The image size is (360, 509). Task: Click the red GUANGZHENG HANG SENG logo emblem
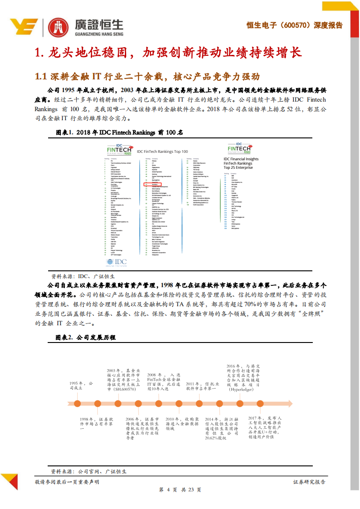click(x=59, y=27)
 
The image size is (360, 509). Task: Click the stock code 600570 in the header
click(x=293, y=25)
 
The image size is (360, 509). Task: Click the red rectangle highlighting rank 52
click(x=150, y=185)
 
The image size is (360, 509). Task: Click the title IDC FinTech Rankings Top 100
click(x=162, y=152)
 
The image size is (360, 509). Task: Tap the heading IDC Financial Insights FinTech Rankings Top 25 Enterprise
click(x=241, y=163)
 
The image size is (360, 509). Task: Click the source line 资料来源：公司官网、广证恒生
click(x=89, y=472)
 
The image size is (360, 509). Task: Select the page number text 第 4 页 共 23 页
click(x=180, y=490)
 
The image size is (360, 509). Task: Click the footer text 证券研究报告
click(x=309, y=482)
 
